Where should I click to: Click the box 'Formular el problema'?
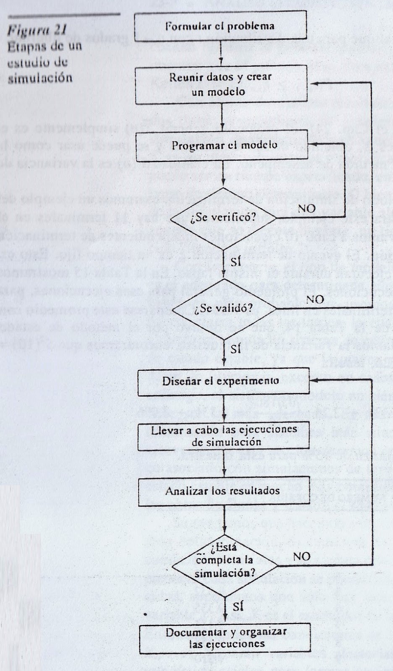tap(220, 26)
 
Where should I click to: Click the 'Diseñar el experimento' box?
tap(220, 381)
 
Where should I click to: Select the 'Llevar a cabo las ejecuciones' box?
tap(224, 435)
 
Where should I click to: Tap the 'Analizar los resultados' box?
tap(223, 491)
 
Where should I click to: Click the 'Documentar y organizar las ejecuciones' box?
tap(226, 638)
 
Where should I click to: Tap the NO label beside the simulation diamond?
tap(301, 556)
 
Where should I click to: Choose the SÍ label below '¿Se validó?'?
tap(236, 349)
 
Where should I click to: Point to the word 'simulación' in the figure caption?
tap(39, 78)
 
